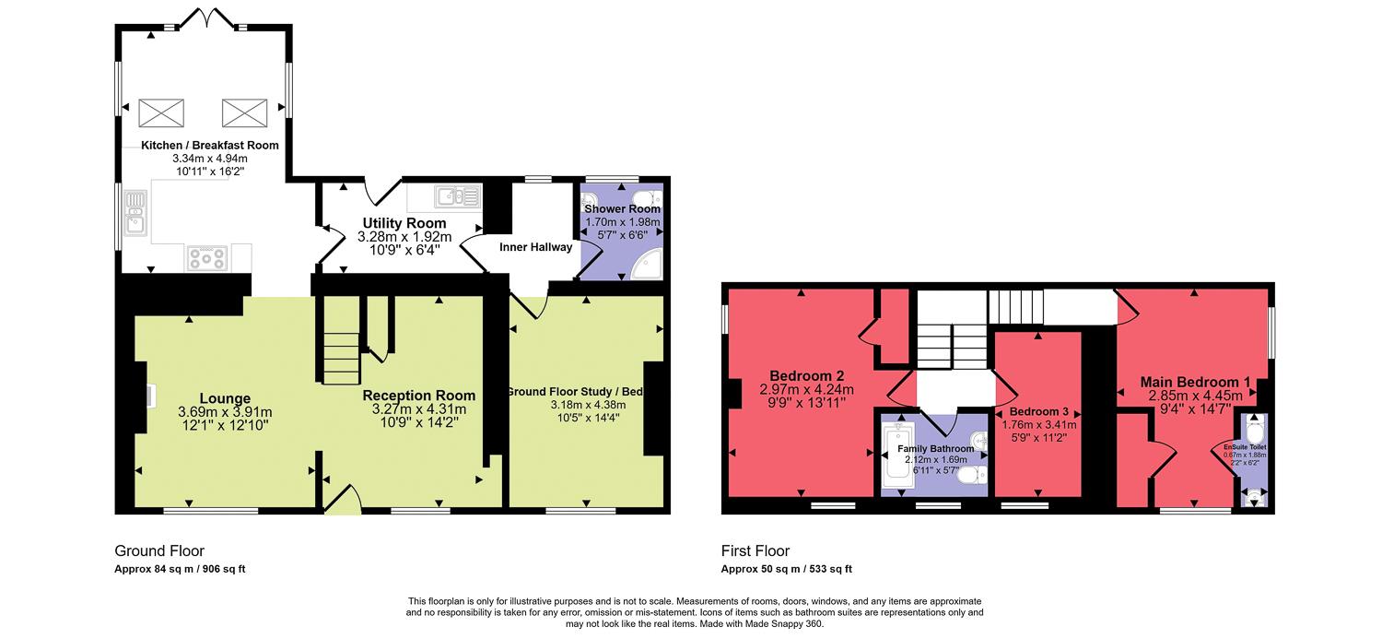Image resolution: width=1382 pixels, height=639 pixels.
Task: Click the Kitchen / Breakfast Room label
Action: coord(209,145)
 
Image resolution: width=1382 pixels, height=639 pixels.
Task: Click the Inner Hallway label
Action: coord(535,247)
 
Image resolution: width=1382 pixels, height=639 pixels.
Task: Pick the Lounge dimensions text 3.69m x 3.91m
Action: coord(225,411)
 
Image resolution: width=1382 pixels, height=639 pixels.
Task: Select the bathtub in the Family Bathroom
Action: coord(897,456)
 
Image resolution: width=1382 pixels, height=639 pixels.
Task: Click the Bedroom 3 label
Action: coord(1038,411)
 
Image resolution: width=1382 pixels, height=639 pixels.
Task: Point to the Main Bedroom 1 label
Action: coord(1195,382)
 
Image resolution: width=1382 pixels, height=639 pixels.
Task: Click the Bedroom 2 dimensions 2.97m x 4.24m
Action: coord(807,389)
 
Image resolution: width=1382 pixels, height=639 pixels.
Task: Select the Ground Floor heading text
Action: coord(159,551)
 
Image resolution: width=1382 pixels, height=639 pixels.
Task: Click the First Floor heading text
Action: coord(755,551)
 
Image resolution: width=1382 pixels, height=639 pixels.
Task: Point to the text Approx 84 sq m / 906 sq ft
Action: coord(180,569)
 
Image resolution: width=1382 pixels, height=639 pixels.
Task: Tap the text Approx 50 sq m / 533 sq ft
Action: coord(787,569)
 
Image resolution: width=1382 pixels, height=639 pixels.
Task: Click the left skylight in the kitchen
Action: coord(160,112)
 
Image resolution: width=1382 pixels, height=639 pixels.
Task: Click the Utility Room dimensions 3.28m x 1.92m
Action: coord(404,236)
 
